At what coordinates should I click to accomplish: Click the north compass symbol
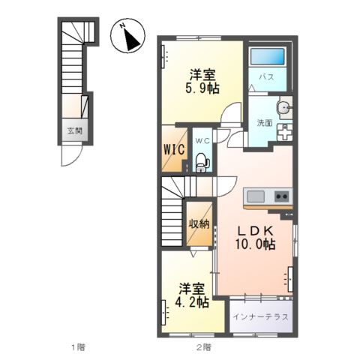tap(127, 35)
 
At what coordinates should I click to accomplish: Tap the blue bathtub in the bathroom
tap(268, 56)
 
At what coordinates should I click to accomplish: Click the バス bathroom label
tap(266, 76)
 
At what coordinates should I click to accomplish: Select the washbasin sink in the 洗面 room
tap(284, 108)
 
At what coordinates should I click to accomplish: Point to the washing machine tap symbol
tap(284, 133)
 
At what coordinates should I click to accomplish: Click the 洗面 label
tap(265, 123)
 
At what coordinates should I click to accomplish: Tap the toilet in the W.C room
tap(202, 162)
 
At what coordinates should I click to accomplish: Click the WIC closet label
tap(174, 149)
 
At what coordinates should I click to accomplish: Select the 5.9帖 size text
tap(202, 88)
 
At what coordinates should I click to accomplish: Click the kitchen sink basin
tap(256, 196)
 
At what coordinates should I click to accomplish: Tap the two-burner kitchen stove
tap(282, 196)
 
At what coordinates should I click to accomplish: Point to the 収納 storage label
tap(199, 224)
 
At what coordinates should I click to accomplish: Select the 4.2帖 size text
tap(192, 302)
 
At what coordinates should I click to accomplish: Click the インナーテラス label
tap(260, 317)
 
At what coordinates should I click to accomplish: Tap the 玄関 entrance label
tap(75, 130)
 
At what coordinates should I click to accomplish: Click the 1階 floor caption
tap(78, 347)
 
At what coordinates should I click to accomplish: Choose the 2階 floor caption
tap(203, 347)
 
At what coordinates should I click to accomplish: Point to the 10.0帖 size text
tap(255, 244)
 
